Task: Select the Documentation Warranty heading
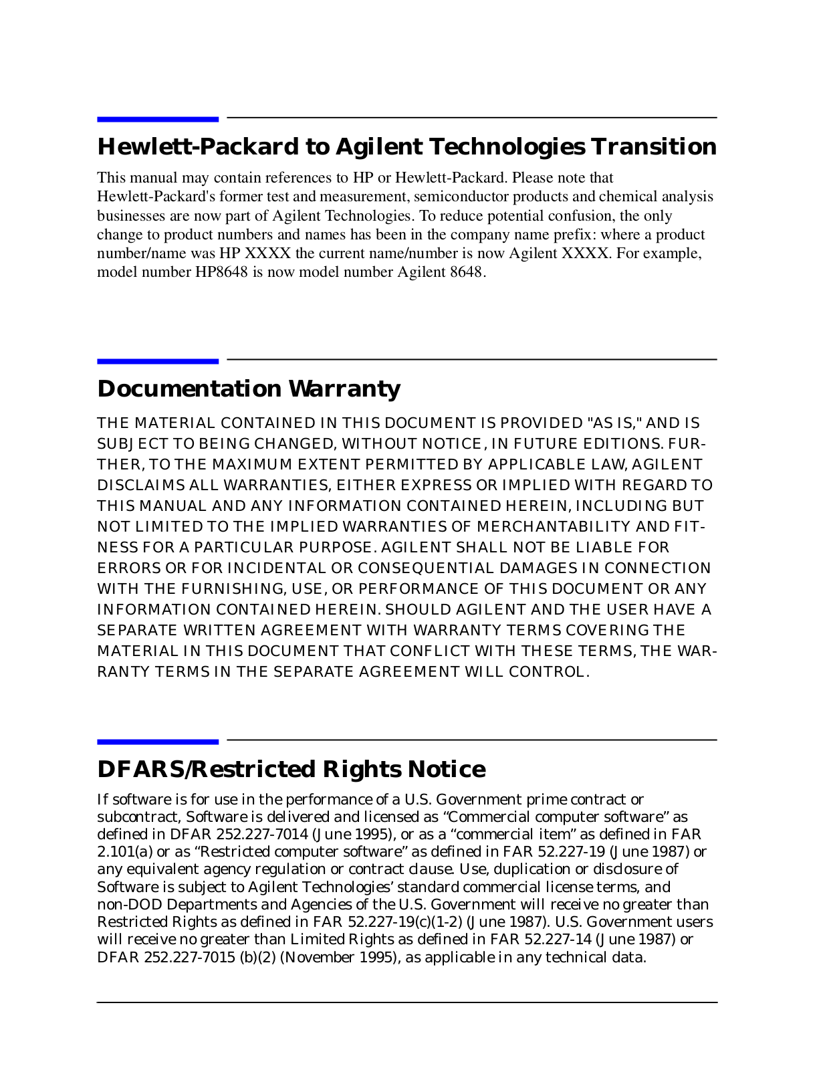tap(249, 389)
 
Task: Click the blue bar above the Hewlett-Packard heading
tap(158, 119)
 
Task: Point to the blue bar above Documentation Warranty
tap(158, 361)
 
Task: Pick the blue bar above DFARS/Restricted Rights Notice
tap(158, 742)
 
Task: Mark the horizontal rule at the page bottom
tap(406, 1002)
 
